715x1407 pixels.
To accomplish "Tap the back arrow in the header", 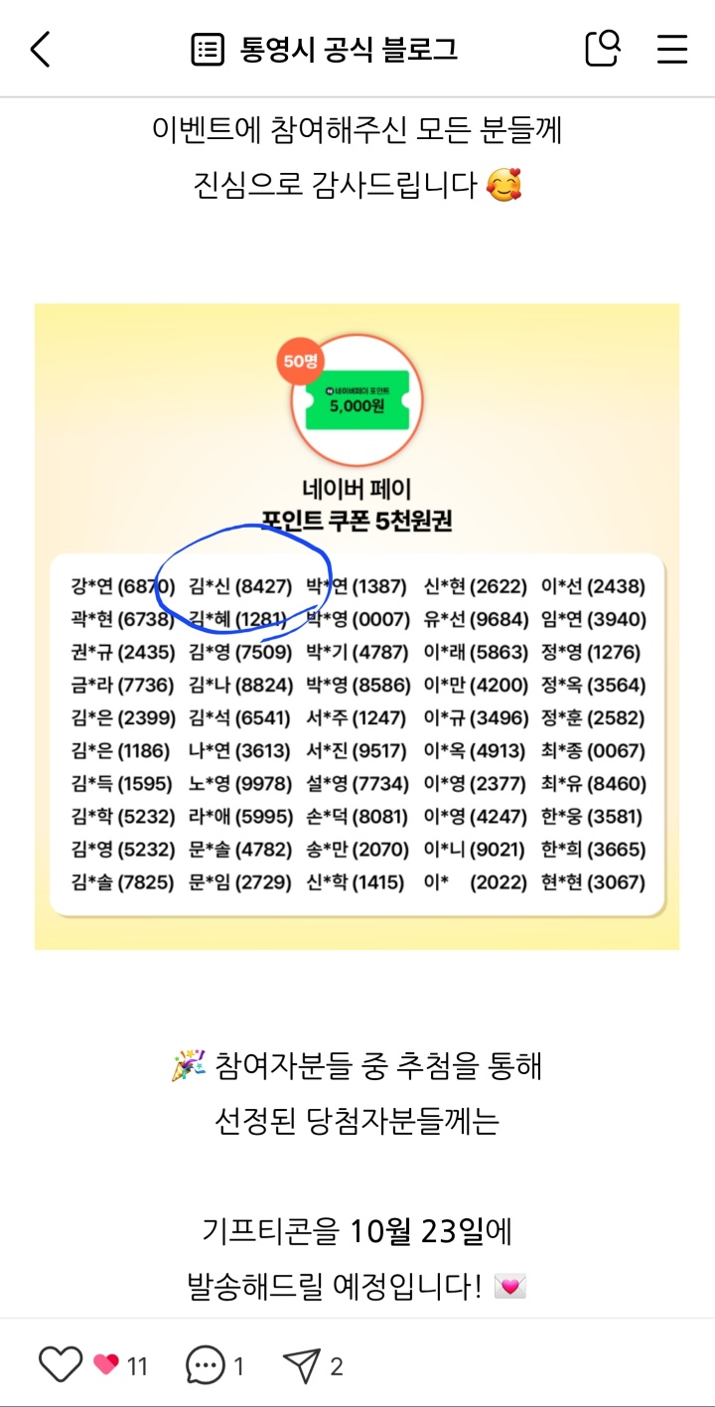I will click(40, 49).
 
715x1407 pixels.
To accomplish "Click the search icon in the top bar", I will click(603, 48).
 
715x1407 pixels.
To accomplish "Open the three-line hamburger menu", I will click(672, 49).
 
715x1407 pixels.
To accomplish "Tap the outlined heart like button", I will click(60, 1365).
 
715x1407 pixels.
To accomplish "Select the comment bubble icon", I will click(206, 1365).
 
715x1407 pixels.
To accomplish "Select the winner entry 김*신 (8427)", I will click(240, 586).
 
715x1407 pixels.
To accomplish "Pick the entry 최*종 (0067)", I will click(593, 751).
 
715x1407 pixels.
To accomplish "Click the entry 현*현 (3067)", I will click(593, 882).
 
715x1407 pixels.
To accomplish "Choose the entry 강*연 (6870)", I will click(123, 586).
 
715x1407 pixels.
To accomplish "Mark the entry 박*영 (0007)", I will click(357, 619).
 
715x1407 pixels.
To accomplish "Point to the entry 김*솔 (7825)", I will click(123, 882).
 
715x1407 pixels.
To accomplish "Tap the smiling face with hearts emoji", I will click(504, 184).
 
